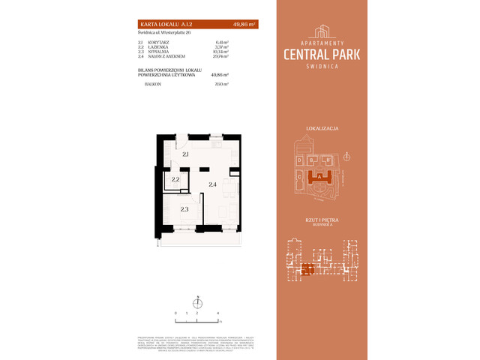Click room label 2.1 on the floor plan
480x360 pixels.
pos(184,154)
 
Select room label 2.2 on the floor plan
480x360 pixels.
pos(175,180)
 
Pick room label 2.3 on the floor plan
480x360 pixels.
pos(184,209)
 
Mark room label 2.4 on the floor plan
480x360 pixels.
pos(212,184)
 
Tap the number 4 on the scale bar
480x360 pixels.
pos(217,310)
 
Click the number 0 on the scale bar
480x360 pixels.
pos(175,310)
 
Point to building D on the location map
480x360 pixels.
pos(298,160)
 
